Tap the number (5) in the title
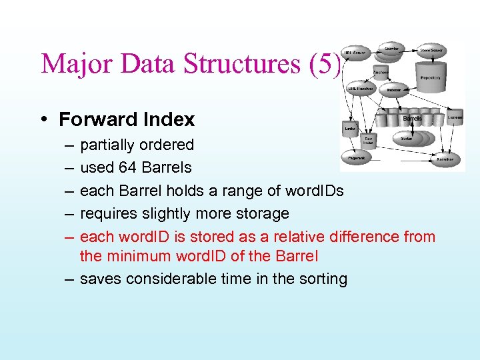click(x=325, y=64)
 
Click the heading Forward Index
click(x=127, y=119)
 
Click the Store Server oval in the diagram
click(x=432, y=49)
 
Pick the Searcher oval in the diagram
click(x=445, y=159)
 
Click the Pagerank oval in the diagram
click(x=357, y=158)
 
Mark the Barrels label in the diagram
click(x=412, y=119)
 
